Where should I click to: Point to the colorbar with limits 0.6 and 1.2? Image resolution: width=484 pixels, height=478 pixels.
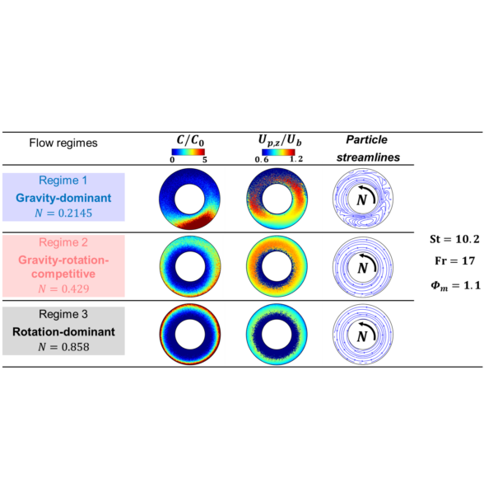277,152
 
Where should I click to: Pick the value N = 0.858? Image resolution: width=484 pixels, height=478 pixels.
63,347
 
